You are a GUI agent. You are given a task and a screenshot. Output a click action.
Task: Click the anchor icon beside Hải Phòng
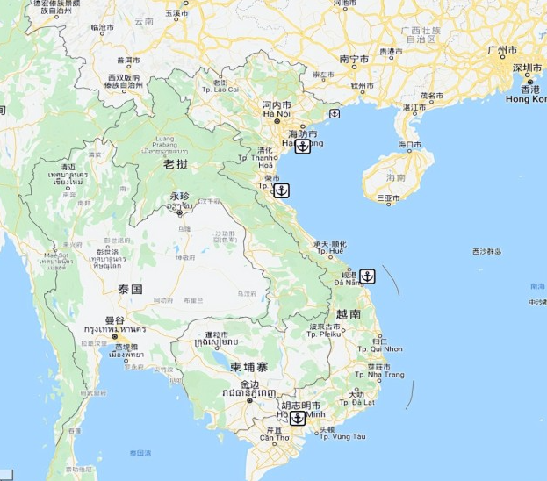(302, 147)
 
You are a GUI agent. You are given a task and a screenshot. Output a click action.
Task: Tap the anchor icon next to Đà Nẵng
(368, 276)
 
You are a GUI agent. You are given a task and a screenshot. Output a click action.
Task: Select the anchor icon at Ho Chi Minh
(297, 420)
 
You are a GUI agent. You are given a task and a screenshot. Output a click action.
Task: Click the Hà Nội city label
(277, 114)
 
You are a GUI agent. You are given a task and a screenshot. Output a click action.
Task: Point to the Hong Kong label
(526, 98)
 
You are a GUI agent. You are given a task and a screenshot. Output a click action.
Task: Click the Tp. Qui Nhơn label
(380, 348)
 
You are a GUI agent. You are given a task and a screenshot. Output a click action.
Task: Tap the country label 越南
(348, 313)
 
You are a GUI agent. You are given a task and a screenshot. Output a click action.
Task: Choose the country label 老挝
(176, 163)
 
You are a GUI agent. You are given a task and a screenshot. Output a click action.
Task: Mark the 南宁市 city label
(355, 59)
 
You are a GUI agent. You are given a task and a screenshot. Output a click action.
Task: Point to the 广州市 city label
(503, 50)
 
